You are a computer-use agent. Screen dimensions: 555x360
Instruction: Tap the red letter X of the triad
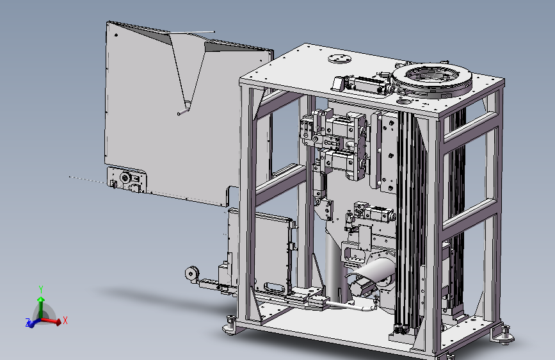click(65, 321)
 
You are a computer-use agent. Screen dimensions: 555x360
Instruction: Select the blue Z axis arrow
click(33, 323)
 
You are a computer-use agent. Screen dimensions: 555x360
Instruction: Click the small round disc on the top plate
click(339, 58)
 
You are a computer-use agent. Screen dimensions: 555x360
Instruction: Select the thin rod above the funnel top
click(191, 33)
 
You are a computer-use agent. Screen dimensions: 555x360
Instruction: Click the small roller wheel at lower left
click(192, 274)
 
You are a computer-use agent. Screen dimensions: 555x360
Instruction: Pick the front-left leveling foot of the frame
click(230, 326)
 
